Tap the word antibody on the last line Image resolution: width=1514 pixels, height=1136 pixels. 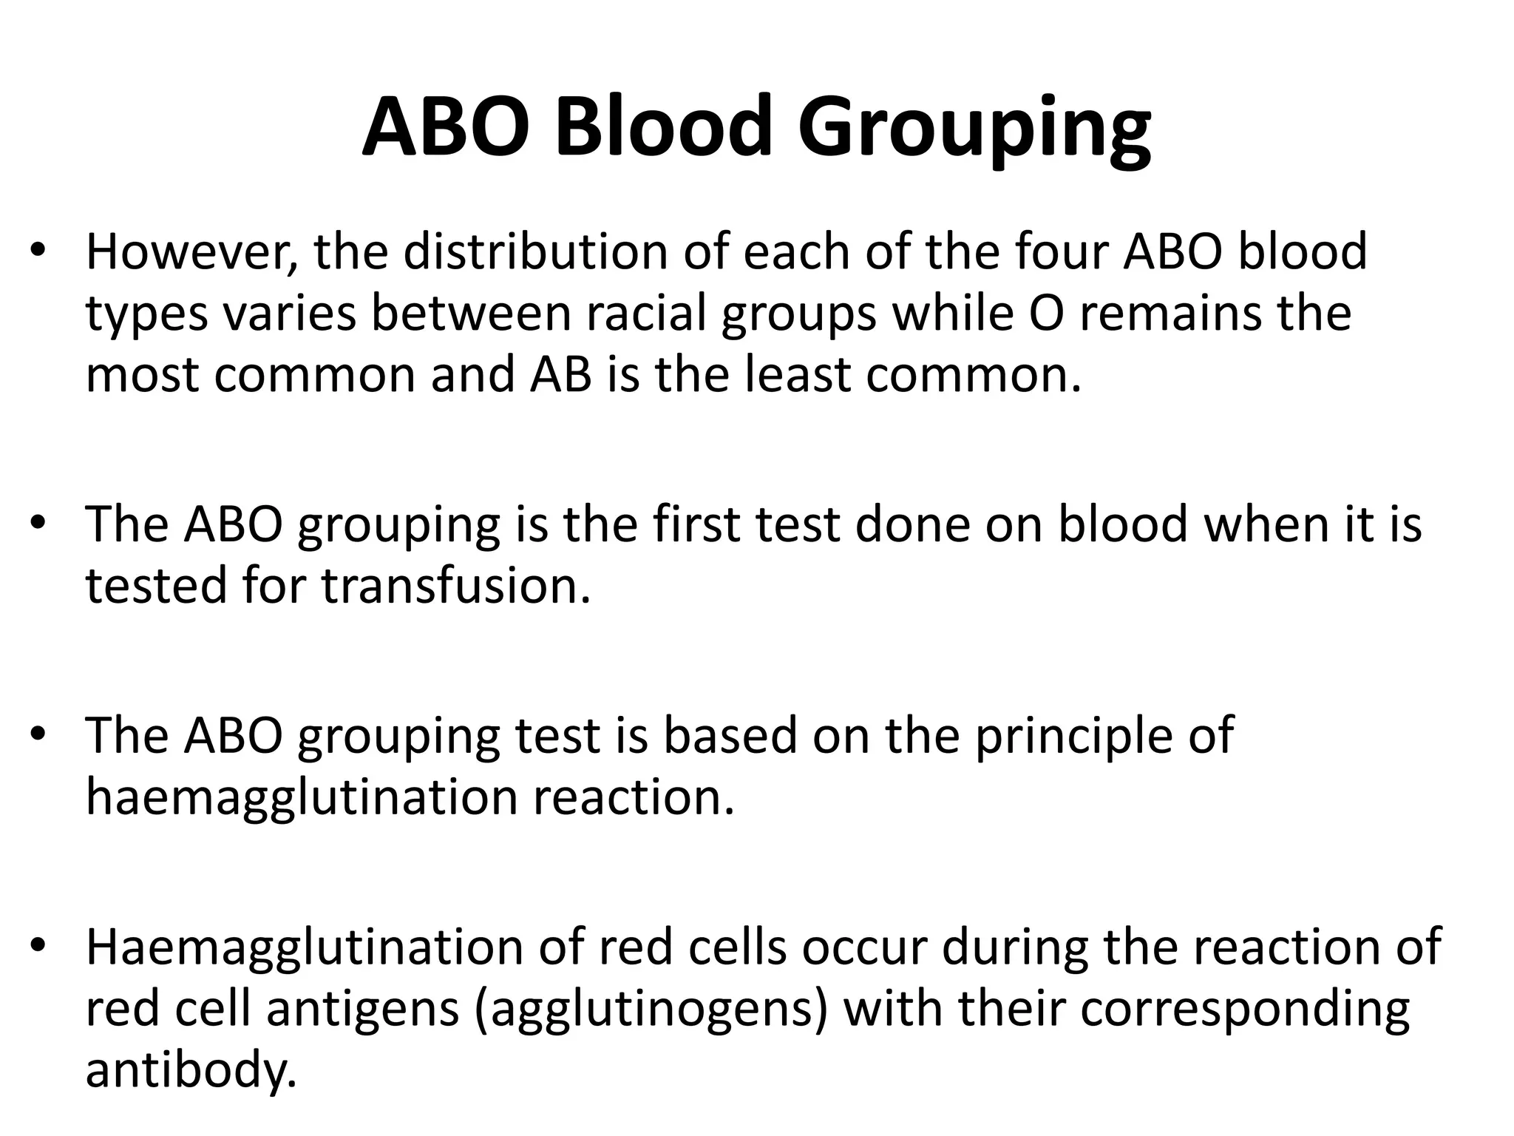[x=191, y=1070]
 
